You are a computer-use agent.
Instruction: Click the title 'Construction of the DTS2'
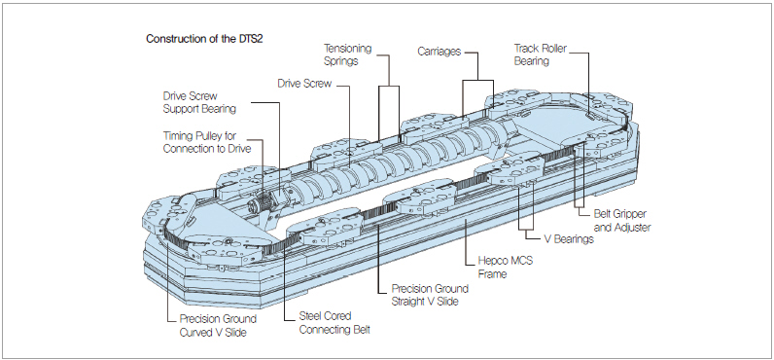tap(204, 39)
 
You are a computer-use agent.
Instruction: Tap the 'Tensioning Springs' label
tap(347, 54)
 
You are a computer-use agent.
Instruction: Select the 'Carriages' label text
tap(439, 52)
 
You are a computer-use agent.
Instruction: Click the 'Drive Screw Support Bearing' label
tap(199, 103)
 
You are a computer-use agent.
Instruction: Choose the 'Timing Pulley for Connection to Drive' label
tap(206, 142)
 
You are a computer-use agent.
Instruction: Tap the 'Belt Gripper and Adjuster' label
tap(620, 221)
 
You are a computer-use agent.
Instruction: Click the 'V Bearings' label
tap(569, 239)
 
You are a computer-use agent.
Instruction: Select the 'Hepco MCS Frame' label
tap(506, 267)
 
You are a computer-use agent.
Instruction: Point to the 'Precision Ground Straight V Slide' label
tap(430, 295)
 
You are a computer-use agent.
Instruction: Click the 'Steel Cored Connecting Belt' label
tap(334, 322)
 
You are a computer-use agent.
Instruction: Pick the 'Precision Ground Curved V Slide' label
tap(218, 326)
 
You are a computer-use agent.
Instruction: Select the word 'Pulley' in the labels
tap(202, 136)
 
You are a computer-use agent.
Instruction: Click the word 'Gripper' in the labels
tap(629, 215)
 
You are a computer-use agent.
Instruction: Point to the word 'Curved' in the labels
tap(196, 333)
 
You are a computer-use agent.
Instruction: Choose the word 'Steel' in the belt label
tap(311, 316)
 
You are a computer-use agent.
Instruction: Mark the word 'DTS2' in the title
tap(251, 39)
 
